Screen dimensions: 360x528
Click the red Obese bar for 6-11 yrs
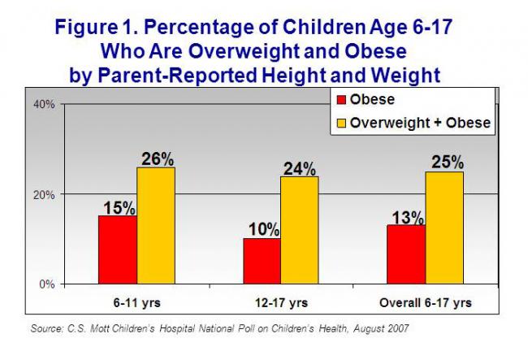[117, 249]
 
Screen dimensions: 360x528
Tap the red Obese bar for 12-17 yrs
[261, 261]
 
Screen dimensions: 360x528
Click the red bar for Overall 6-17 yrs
[405, 254]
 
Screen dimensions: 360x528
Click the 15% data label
[117, 207]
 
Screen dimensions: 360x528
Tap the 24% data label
[300, 167]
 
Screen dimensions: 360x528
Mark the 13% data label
[406, 217]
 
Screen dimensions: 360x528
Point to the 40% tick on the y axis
[44, 104]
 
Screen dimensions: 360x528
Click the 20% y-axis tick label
[44, 194]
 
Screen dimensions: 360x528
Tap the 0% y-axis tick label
[46, 284]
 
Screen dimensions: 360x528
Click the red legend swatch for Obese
[342, 100]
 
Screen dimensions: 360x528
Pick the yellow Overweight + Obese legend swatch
[342, 123]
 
